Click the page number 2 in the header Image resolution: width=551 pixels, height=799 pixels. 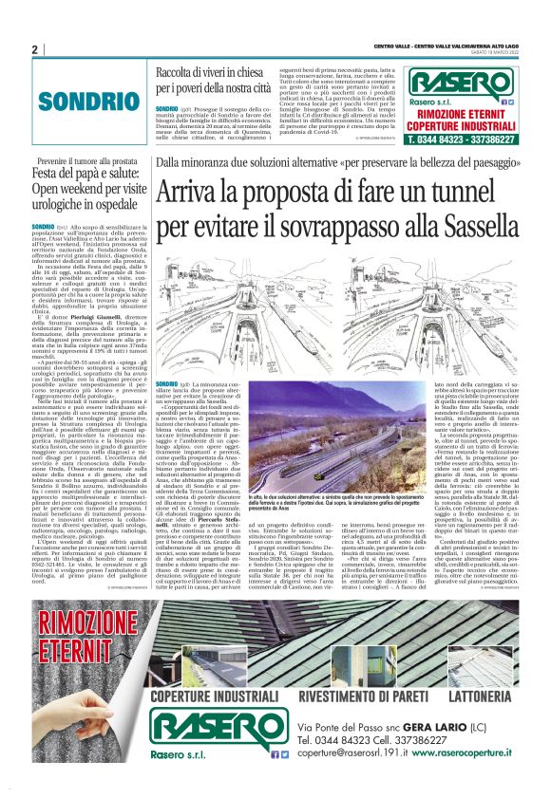coord(35,49)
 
